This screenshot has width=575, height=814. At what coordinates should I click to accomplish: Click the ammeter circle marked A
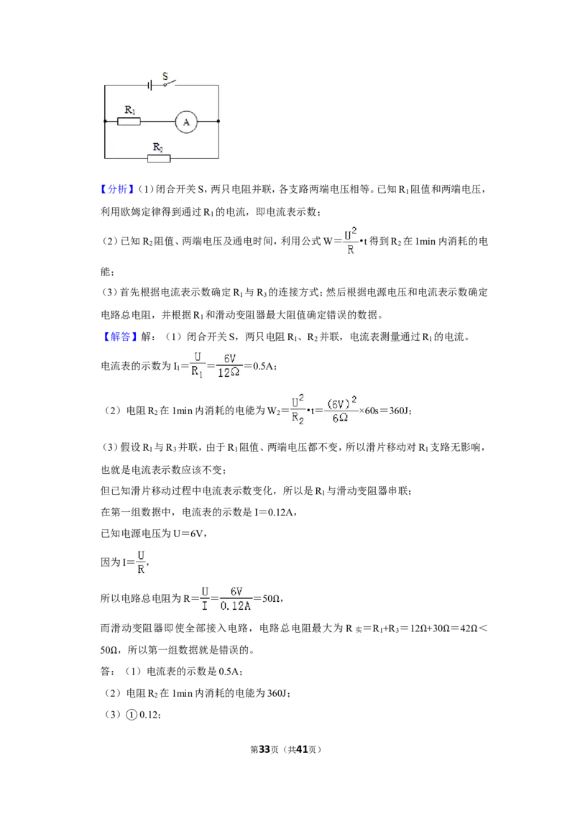click(x=186, y=122)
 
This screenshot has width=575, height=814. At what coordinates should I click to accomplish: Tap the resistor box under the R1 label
click(x=129, y=122)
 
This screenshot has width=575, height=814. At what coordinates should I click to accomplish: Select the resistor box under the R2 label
click(x=159, y=158)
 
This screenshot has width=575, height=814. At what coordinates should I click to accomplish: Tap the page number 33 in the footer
click(x=264, y=749)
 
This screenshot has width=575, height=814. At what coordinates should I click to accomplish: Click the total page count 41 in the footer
click(x=302, y=749)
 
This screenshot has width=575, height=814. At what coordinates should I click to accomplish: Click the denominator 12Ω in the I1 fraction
click(x=229, y=372)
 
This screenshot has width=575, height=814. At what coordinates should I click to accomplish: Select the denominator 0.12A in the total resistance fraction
click(x=236, y=606)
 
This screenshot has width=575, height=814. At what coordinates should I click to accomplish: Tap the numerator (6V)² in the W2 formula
click(x=341, y=403)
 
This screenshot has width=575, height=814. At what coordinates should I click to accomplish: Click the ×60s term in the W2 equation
click(x=369, y=411)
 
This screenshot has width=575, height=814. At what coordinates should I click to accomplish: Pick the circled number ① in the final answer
click(x=132, y=715)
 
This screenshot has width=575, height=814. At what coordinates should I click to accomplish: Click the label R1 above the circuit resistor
click(x=130, y=110)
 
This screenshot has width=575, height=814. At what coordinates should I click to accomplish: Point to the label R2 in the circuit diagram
click(x=157, y=147)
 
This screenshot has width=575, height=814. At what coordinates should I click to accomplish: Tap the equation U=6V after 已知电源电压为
click(x=185, y=534)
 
